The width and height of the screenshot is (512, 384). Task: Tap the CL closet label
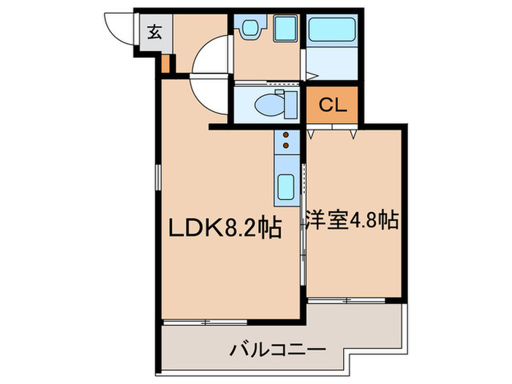[x=332, y=105]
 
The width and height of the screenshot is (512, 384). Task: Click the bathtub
[x=331, y=31]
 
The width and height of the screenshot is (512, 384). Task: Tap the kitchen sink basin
[x=287, y=189]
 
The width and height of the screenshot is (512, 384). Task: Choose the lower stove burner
[x=287, y=146]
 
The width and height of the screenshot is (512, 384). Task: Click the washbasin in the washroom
[x=248, y=30]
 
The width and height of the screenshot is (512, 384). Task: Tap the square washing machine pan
[x=331, y=65]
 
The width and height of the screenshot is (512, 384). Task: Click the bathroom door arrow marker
[x=311, y=75]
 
